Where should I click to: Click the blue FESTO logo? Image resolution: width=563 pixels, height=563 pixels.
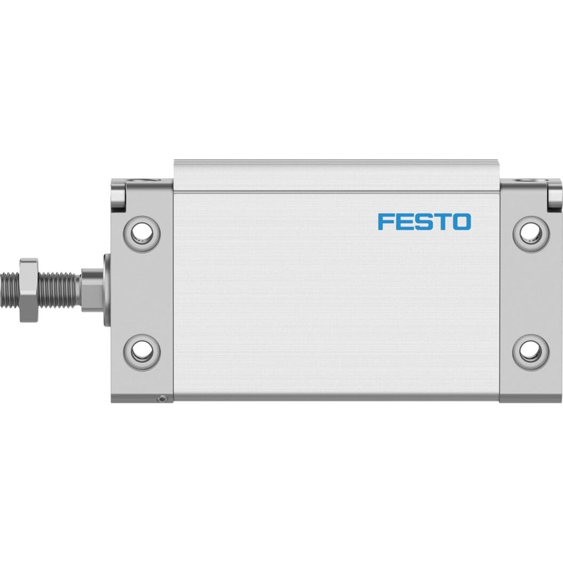pos(424,222)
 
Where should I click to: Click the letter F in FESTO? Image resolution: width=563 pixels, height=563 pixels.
pos(385,222)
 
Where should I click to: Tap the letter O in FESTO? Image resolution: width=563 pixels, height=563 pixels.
pos(462,222)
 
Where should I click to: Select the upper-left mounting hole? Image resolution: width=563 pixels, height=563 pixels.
pos(141,234)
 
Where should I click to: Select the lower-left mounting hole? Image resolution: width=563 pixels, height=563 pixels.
pos(141,351)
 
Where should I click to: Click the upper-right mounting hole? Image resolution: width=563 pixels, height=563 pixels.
pos(531,234)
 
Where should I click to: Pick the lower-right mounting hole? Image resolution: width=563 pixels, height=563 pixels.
pos(531,351)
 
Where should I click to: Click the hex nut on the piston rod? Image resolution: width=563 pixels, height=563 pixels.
pos(29,290)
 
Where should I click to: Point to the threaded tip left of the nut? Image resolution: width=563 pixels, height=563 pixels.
pos(10,290)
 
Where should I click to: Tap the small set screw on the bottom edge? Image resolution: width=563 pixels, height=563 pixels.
pos(163,398)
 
